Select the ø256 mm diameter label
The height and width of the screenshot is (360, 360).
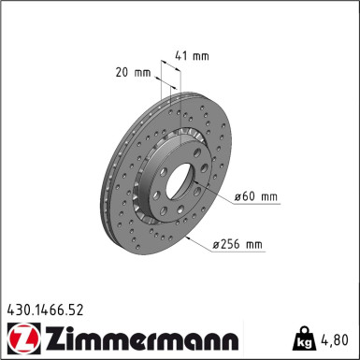click(238, 245)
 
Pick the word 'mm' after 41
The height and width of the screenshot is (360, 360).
click(201, 56)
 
